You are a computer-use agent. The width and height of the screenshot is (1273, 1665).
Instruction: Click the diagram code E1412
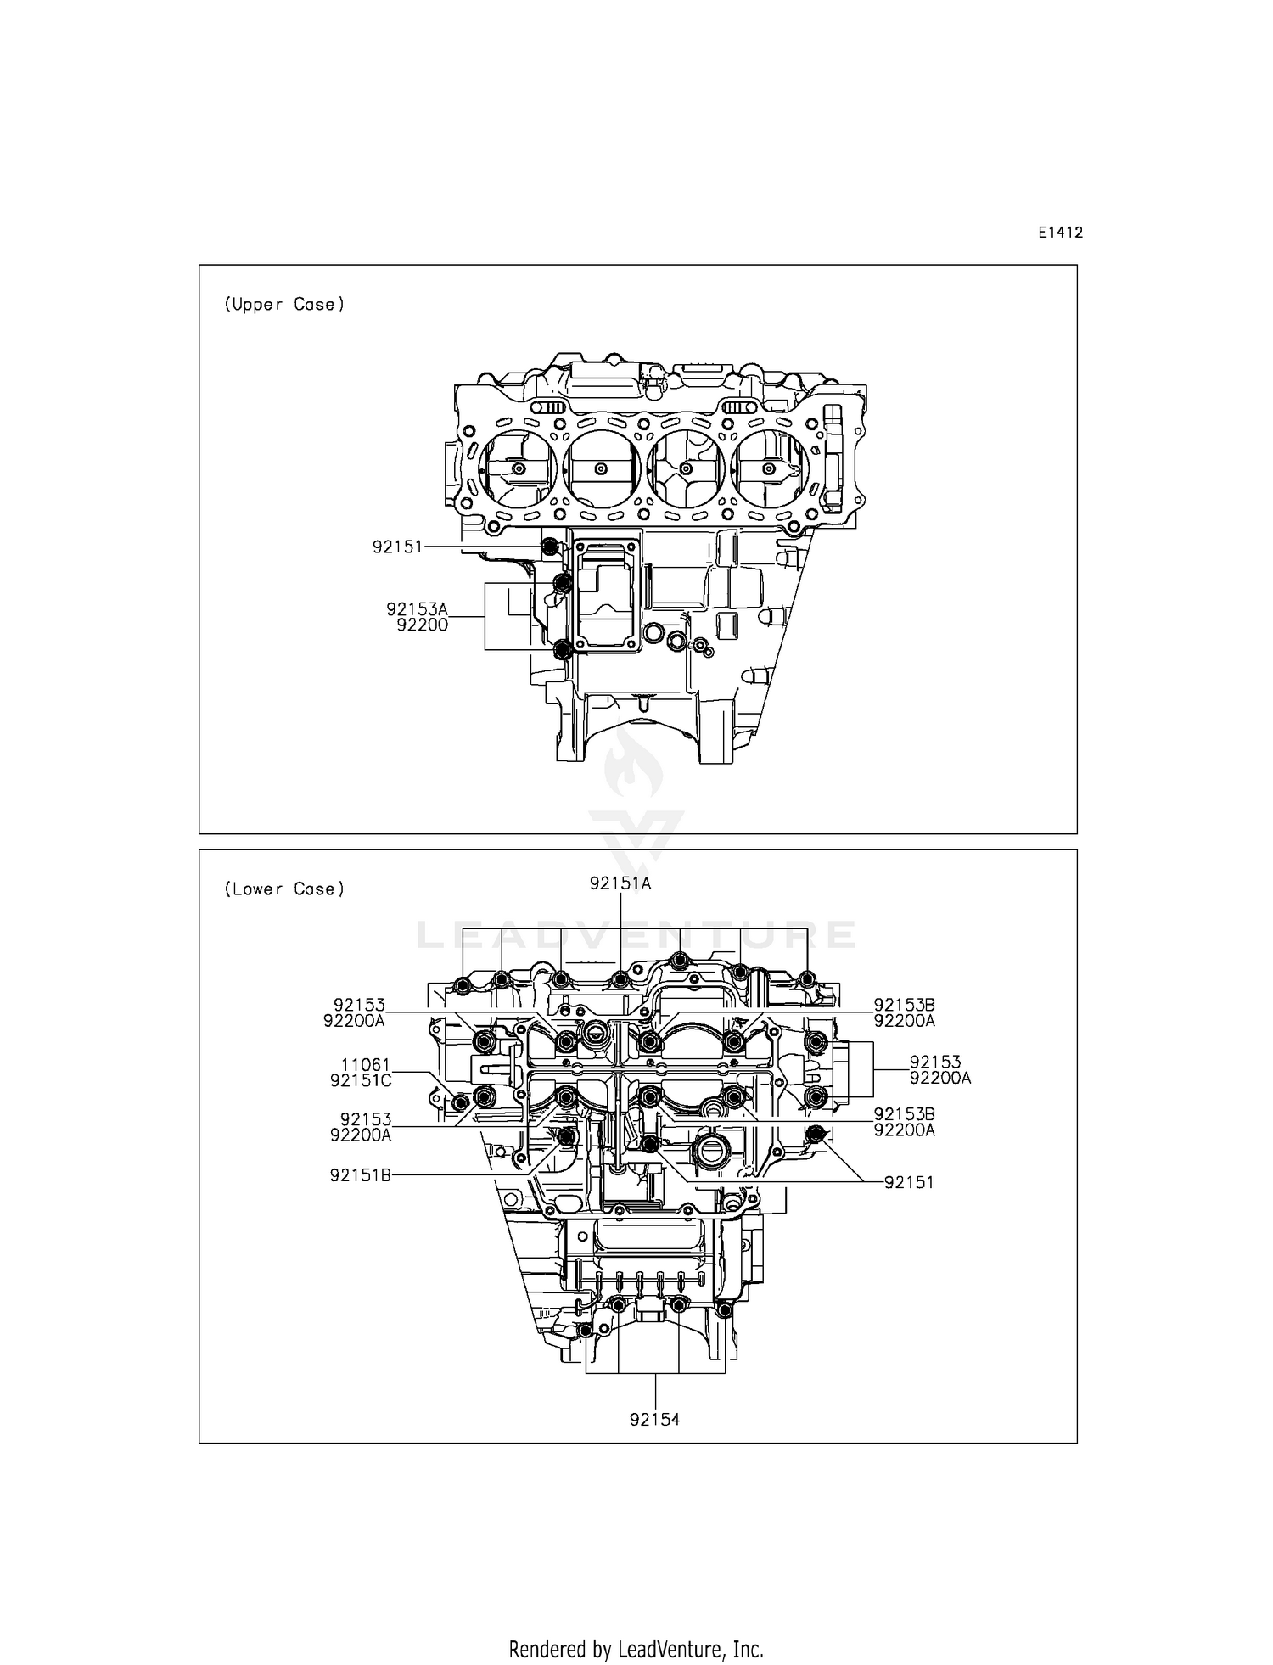1060,233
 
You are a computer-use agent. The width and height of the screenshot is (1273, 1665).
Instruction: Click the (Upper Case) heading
284,305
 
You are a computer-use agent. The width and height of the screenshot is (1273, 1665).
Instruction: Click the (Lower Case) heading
284,889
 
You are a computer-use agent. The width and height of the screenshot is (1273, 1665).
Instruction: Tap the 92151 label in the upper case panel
397,547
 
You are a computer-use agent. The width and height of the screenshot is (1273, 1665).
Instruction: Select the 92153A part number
417,609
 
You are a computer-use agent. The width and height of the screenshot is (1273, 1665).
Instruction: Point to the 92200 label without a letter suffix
422,625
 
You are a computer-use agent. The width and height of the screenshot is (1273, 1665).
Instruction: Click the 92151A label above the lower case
620,883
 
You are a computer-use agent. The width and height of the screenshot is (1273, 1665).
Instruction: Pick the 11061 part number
366,1065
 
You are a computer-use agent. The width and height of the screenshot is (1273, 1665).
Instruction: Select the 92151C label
361,1080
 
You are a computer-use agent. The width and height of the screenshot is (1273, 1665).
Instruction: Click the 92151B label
361,1175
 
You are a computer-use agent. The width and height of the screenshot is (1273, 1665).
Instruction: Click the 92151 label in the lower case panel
908,1183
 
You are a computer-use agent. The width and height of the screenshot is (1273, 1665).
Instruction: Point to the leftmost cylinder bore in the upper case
518,469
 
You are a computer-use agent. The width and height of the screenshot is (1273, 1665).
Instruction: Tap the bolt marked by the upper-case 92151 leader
550,547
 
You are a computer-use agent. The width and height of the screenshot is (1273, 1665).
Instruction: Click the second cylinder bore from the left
602,469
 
